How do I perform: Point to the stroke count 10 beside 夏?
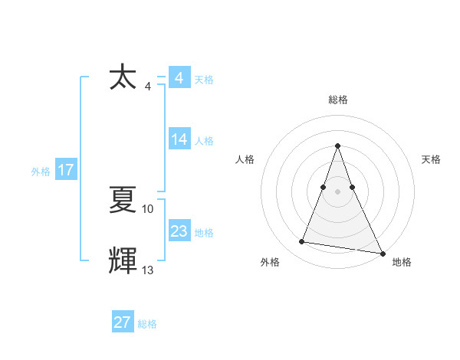[148, 208]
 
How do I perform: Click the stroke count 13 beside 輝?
[148, 270]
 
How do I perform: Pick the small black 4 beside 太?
[148, 86]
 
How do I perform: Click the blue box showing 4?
[179, 79]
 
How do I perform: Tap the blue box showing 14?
[179, 139]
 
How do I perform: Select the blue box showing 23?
[179, 231]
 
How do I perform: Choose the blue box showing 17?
[66, 170]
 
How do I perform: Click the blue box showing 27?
[123, 322]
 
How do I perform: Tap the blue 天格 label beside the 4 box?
[204, 80]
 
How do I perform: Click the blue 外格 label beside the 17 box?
[41, 171]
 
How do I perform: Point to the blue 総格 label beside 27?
[147, 323]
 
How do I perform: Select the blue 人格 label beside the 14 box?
[204, 140]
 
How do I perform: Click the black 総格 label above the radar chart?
[337, 100]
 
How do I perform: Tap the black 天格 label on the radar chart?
[431, 159]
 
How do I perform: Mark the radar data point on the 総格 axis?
[337, 146]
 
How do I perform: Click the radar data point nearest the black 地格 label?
[382, 252]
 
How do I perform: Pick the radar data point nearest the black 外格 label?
[302, 242]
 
